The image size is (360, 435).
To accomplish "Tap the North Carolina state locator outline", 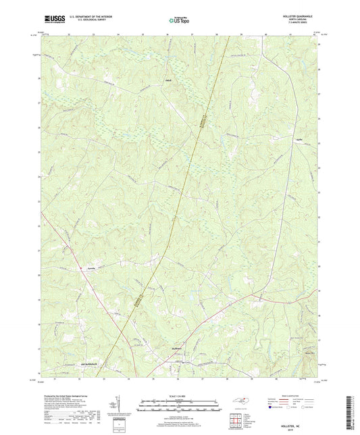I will point(243,403).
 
